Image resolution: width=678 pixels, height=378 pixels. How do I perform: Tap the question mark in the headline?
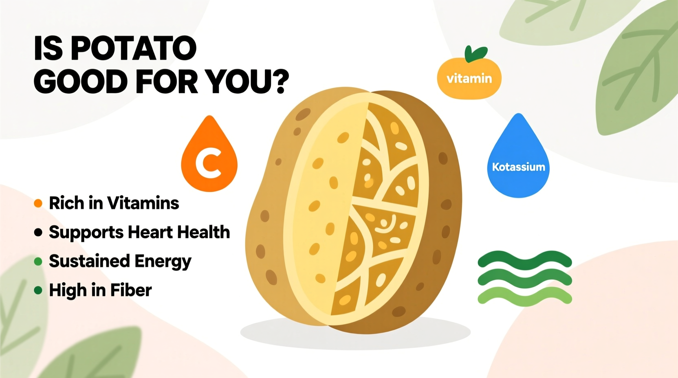pos(280,82)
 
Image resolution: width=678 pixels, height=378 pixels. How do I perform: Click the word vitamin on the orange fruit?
pos(469,78)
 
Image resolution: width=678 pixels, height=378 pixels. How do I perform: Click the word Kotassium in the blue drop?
pos(518,167)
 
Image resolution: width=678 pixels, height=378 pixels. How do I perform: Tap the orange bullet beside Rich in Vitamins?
pos(38,203)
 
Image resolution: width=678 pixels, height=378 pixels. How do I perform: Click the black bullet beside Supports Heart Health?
pos(38,233)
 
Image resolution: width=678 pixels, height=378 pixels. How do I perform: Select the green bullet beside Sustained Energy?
pos(38,262)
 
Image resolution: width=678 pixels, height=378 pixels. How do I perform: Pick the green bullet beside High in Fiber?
pos(38,290)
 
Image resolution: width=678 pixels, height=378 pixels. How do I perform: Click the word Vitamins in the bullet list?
pos(143,203)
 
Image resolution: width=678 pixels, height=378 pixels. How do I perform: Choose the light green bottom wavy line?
pos(525,297)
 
